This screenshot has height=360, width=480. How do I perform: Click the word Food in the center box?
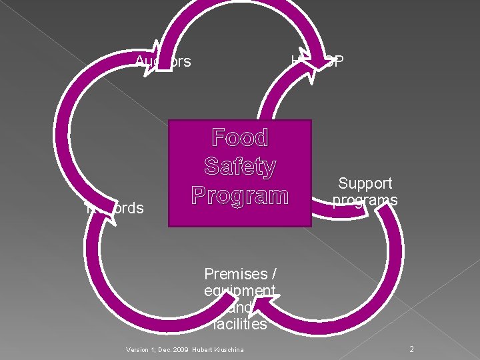(240, 138)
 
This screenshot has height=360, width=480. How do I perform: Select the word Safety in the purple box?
(240, 167)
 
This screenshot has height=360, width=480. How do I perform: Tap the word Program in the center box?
(240, 195)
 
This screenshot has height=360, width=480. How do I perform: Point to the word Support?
(365, 183)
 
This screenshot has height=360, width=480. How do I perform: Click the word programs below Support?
(365, 200)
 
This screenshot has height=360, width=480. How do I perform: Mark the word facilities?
(240, 325)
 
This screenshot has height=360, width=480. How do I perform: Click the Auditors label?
(163, 62)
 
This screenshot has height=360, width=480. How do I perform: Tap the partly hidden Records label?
(117, 209)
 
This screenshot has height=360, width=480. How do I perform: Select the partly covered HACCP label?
(317, 62)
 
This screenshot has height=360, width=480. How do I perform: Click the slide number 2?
(411, 349)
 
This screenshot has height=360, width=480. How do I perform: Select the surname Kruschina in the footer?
(228, 350)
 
